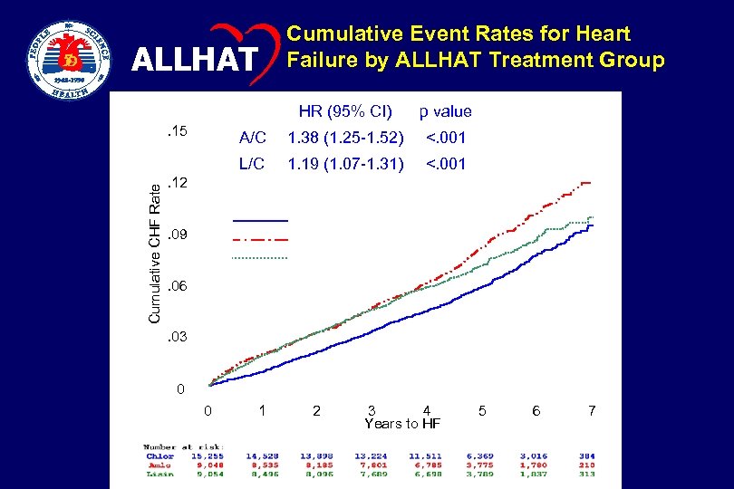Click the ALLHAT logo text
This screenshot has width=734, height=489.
(192, 61)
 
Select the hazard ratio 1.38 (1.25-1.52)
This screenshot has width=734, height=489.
(344, 139)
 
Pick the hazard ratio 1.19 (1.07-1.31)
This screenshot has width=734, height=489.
(344, 165)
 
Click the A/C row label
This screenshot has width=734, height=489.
(252, 139)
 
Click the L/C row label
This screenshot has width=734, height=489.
(252, 165)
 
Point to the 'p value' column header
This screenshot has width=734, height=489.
(444, 112)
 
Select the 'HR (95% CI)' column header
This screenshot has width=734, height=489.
(345, 112)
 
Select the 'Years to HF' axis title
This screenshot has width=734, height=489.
(402, 423)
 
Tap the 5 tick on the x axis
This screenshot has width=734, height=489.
(482, 411)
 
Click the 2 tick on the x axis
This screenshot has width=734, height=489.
(316, 411)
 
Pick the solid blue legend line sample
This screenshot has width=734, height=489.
(260, 221)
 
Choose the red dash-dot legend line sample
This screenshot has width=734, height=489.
(260, 240)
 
